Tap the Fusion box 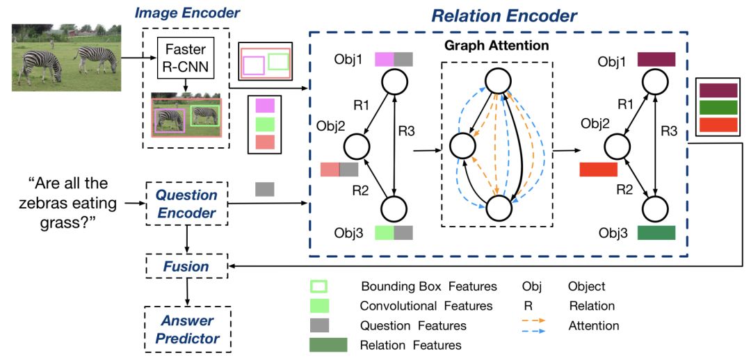coord(186,266)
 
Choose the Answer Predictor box coord(186,329)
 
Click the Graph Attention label coord(497,46)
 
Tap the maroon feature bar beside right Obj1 coord(656,58)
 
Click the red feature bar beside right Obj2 coord(598,169)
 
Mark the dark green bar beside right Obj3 coord(656,232)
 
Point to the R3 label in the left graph coord(407,130)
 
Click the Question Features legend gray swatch coord(319,325)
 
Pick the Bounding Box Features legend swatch coord(319,286)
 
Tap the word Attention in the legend coord(593,325)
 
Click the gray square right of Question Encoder coord(265,189)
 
